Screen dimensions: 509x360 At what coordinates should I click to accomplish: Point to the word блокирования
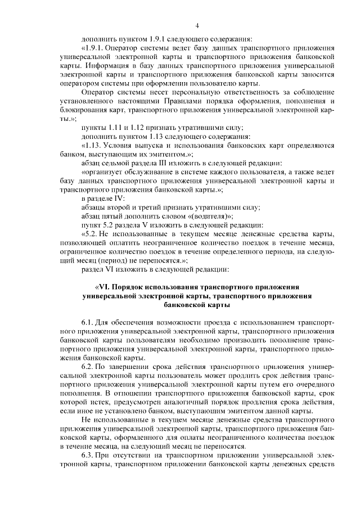click(x=80, y=110)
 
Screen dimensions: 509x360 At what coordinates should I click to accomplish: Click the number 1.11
click(x=114, y=129)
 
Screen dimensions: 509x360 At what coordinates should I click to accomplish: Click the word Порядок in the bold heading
click(x=137, y=286)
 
